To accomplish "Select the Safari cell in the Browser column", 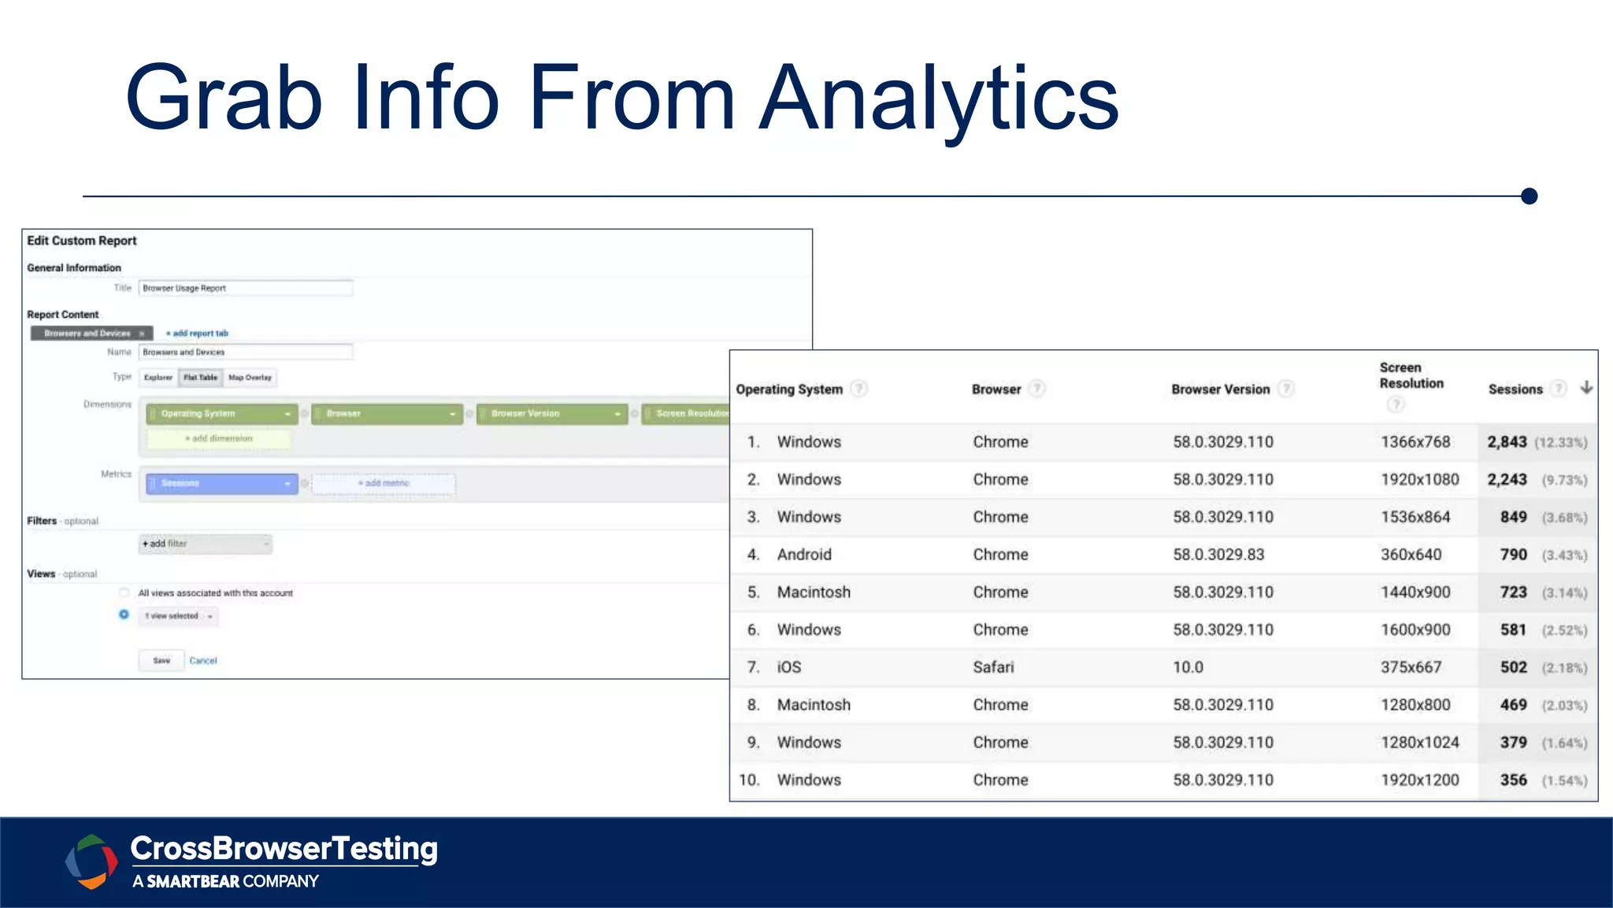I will click(993, 668).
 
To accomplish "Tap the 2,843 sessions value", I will click(1507, 442).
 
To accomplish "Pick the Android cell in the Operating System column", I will click(804, 555).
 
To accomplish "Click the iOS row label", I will click(788, 668).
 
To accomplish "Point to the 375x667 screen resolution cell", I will click(1411, 668).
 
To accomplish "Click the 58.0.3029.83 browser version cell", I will click(1218, 555).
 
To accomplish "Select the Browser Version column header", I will click(1220, 389).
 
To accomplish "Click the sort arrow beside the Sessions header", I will click(1586, 388).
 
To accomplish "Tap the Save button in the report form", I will click(161, 661).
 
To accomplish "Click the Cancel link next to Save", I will click(203, 661).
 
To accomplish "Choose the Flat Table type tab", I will click(200, 378).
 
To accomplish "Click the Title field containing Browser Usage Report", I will click(245, 288).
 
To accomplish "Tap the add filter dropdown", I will click(205, 544).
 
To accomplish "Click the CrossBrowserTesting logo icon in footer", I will click(90, 861).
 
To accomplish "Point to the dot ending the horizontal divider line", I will click(1529, 196).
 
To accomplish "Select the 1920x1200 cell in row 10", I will click(1419, 780).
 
